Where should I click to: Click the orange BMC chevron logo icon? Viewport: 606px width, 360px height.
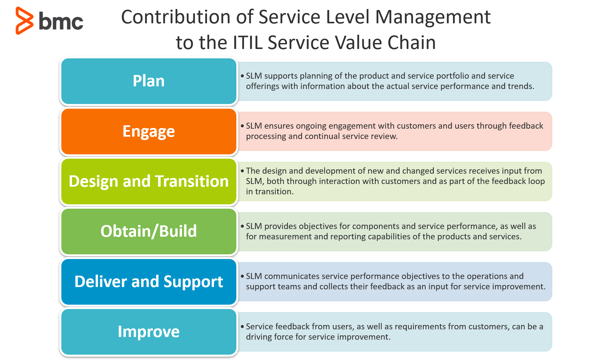[24, 21]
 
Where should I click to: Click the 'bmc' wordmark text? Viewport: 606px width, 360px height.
[61, 21]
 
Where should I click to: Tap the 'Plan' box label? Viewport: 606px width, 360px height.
[149, 81]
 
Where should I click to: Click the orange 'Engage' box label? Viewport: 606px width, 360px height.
[149, 131]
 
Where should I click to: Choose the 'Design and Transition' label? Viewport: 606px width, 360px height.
[149, 181]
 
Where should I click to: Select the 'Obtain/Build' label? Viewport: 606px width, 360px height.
[149, 231]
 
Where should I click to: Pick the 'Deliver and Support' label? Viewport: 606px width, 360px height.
[149, 282]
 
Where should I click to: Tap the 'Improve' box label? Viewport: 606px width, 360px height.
[149, 332]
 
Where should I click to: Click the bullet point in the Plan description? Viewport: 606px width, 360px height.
[242, 76]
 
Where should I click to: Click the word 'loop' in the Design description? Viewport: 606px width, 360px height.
[536, 181]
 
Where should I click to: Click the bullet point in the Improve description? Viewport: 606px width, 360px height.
[242, 327]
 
